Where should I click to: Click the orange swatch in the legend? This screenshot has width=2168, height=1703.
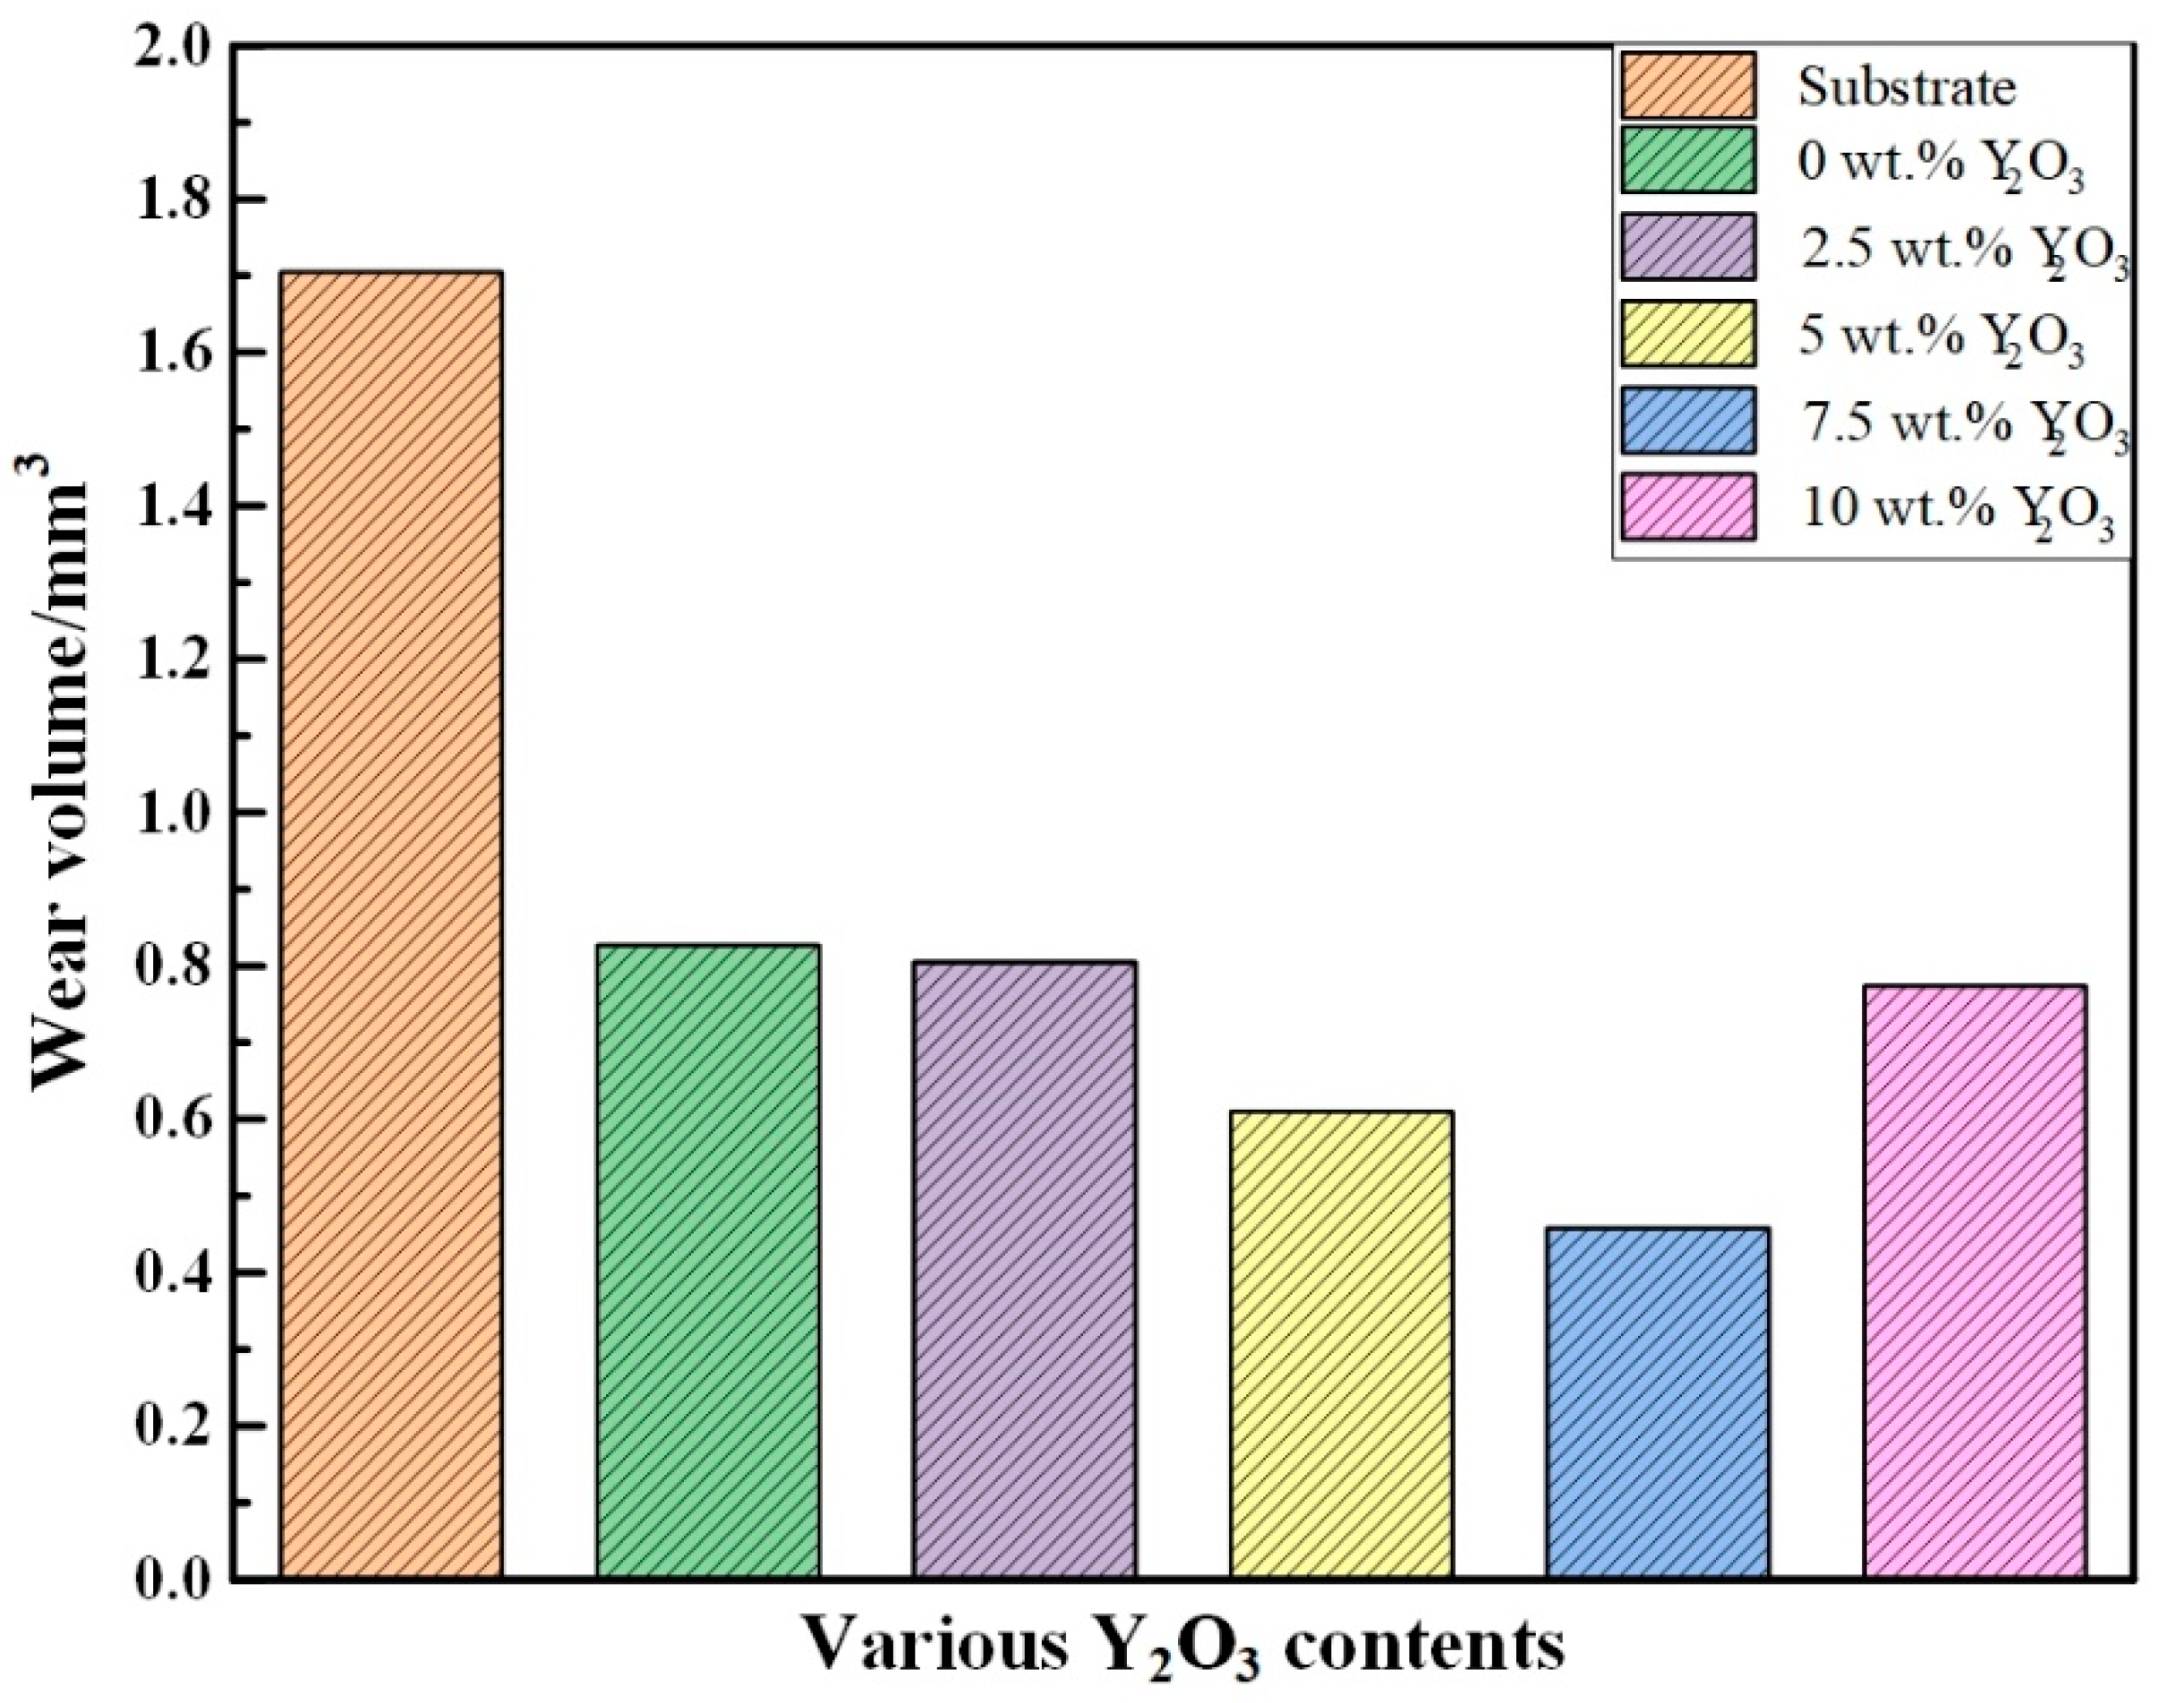pyautogui.click(x=1688, y=85)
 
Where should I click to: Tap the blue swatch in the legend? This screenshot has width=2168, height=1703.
pyautogui.click(x=1688, y=421)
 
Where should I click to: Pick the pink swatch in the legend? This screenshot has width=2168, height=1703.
pyautogui.click(x=1688, y=507)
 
